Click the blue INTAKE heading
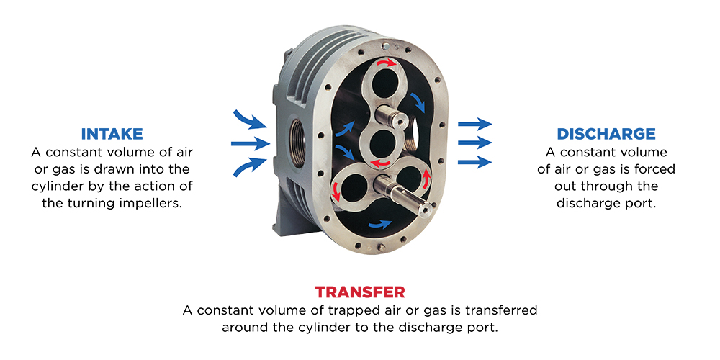click(112, 134)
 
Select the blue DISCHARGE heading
click(606, 134)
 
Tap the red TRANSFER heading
click(359, 292)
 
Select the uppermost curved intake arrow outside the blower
click(249, 117)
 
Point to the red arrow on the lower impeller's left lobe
click(336, 191)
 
